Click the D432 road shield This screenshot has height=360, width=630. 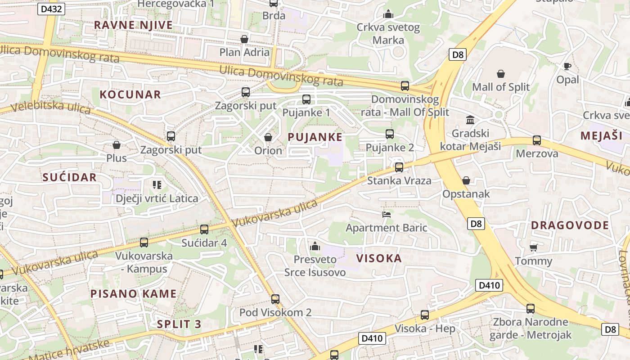pyautogui.click(x=51, y=9)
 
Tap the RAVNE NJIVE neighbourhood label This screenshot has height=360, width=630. pyautogui.click(x=133, y=25)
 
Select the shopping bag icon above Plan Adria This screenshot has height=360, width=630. pyautogui.click(x=244, y=39)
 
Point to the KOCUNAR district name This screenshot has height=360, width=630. pyautogui.click(x=130, y=94)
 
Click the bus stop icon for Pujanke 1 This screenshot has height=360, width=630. pyautogui.click(x=306, y=99)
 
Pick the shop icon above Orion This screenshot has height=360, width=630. pyautogui.click(x=268, y=137)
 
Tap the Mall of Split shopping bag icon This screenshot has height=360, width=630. pyautogui.click(x=501, y=73)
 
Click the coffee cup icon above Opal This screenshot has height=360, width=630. pyautogui.click(x=567, y=67)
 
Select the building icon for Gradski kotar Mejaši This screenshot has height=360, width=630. pyautogui.click(x=470, y=120)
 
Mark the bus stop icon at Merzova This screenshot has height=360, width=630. pyautogui.click(x=537, y=140)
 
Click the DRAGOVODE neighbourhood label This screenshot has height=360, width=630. pyautogui.click(x=570, y=225)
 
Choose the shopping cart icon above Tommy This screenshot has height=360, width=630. pyautogui.click(x=534, y=247)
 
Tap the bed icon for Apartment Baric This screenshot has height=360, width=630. pyautogui.click(x=386, y=214)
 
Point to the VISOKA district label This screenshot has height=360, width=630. pyautogui.click(x=379, y=258)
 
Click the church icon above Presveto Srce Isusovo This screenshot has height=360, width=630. pyautogui.click(x=315, y=246)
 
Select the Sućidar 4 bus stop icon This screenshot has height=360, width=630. pyautogui.click(x=204, y=229)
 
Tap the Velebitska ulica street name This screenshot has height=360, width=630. pyautogui.click(x=50, y=107)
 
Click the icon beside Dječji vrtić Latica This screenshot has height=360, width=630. pyautogui.click(x=157, y=184)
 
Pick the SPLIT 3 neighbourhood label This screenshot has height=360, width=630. pyautogui.click(x=179, y=324)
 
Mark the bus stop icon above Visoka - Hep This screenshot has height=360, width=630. pyautogui.click(x=425, y=315)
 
